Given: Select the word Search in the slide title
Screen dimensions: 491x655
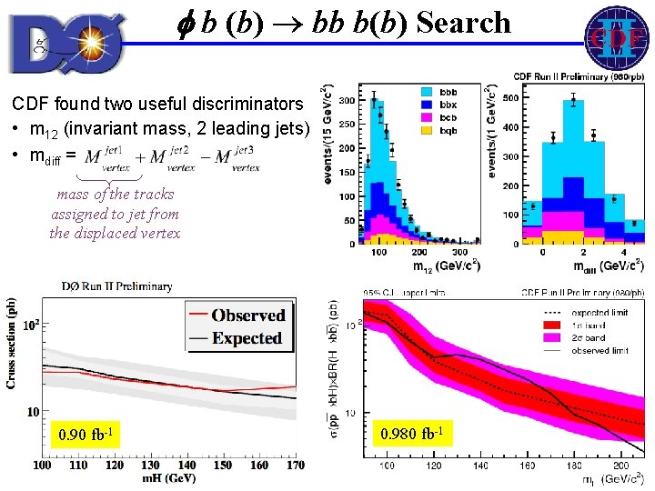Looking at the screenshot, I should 464,23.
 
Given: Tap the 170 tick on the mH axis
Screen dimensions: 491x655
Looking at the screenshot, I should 296,465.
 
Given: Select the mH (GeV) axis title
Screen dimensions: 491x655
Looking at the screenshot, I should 168,479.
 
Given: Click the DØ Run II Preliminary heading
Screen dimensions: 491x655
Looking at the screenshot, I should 116,286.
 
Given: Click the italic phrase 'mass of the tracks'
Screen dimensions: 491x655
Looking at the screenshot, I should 115,195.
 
